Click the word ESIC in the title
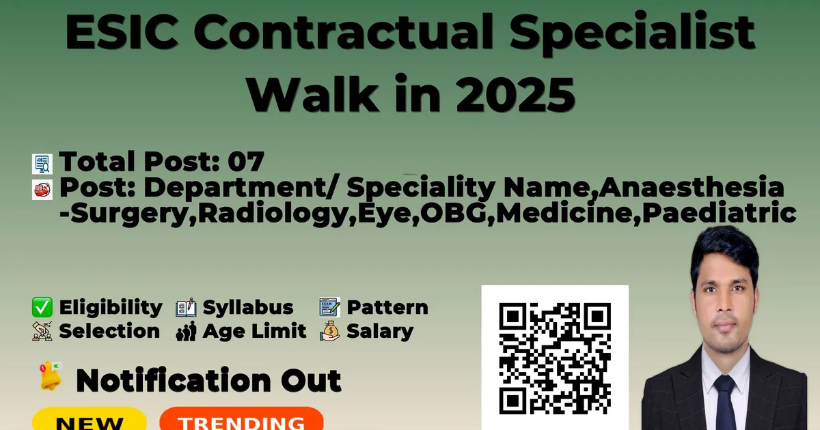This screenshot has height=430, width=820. coord(122,32)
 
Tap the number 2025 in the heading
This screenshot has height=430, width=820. coord(515,94)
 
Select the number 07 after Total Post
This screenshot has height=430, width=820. coord(246,161)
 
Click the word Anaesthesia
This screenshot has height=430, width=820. coord(691,187)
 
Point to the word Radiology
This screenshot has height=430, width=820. coord(272,214)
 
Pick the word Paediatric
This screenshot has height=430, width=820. coord(720,213)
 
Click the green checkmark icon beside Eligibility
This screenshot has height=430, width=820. coord(42,307)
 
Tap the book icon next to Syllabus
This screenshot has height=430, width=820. coord(186,307)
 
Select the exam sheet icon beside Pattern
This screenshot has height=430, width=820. coord(329,306)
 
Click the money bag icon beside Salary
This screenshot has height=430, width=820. coord(329,331)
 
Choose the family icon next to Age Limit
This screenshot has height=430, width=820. coord(186,331)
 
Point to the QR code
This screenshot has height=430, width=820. coord(555,358)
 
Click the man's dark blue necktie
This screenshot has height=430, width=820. coord(725,402)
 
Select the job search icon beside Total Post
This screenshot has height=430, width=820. coord(42,164)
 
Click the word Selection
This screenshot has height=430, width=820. coord(109,331)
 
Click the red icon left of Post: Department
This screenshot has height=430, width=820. coord(42,190)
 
